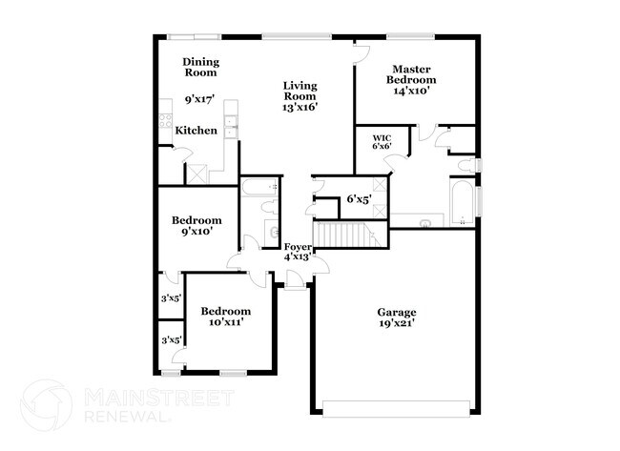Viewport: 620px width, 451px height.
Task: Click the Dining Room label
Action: point(200,67)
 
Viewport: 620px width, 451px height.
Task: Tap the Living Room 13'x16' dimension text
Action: point(299,108)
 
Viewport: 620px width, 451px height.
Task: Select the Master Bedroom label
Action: point(410,74)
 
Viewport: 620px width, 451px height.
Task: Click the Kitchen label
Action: point(196,131)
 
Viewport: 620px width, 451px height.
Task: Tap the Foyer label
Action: point(298,248)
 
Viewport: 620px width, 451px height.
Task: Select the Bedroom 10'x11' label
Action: point(225,317)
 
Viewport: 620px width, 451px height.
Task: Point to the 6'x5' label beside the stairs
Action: point(358,199)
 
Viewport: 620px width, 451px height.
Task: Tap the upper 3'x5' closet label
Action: point(171,298)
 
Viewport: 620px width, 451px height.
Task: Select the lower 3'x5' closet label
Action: point(171,339)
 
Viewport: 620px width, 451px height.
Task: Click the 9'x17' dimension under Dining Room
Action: point(200,98)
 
